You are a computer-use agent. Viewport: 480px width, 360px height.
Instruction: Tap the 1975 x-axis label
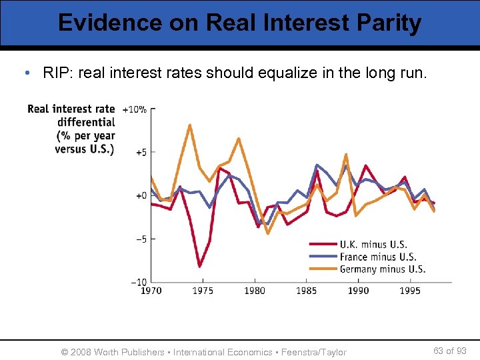203,291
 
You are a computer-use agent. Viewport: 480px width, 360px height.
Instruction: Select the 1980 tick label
254,291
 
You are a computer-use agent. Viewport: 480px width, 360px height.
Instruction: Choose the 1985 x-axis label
306,291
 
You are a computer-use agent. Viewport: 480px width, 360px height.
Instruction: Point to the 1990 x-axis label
358,291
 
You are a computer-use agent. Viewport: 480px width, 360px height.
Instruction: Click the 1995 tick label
410,291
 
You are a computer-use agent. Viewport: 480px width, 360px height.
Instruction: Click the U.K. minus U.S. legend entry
373,245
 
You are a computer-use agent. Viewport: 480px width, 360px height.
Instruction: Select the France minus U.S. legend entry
377,257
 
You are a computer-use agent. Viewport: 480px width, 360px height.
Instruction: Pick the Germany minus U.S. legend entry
382,269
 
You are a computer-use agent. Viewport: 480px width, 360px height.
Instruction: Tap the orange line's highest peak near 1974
190,125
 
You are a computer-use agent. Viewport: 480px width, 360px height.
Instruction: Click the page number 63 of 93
450,351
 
